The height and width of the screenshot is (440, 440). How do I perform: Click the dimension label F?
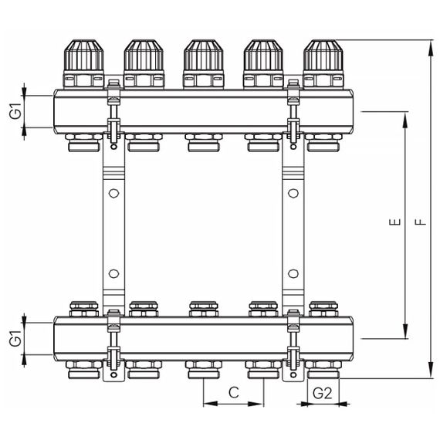click(419, 222)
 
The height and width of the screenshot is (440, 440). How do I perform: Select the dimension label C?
click(233, 393)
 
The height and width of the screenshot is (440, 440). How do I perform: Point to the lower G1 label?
click(15, 337)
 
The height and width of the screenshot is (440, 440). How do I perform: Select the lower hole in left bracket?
click(113, 273)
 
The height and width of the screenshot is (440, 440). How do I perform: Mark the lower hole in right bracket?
click(293, 273)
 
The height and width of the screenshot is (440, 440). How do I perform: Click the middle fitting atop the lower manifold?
click(203, 309)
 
